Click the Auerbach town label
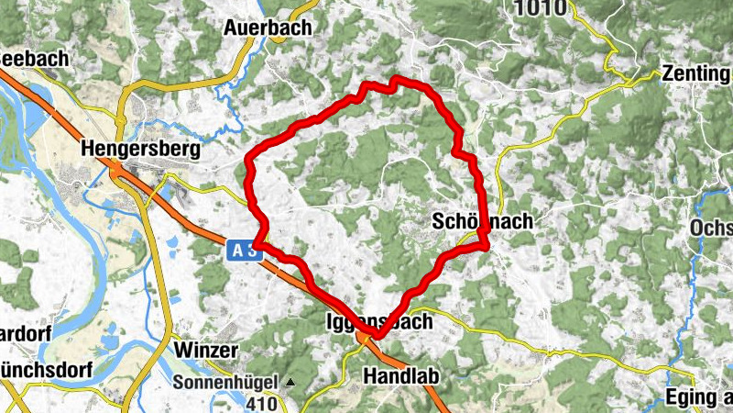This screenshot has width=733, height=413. coord(268,28)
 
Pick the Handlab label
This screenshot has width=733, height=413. coord(402,376)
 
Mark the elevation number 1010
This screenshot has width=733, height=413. coord(540,8)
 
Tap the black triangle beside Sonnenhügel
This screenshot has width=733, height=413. coord(290,381)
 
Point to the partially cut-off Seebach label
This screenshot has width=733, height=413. coord(34,58)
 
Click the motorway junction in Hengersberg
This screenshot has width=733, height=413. coord(120,171)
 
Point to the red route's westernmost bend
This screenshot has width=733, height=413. coord(247,165)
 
